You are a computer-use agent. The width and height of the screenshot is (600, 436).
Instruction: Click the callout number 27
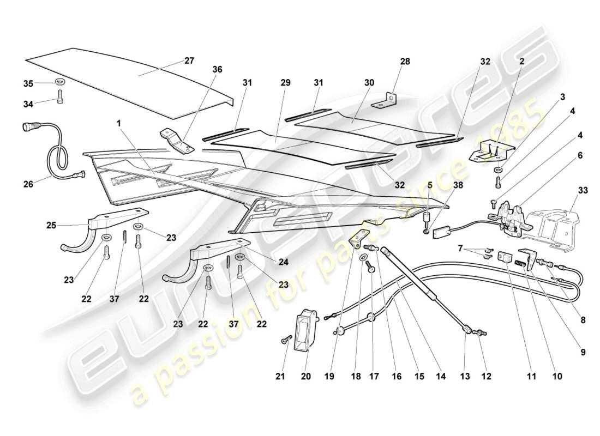point(189,60)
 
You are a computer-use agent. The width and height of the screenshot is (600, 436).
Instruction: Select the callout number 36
point(218,70)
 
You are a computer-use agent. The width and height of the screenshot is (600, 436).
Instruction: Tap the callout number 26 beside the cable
point(28,184)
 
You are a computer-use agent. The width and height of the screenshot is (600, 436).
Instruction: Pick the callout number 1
point(118,124)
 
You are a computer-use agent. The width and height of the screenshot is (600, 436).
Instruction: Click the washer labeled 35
point(59,83)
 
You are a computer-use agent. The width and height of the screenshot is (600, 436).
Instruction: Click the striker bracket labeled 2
point(492,148)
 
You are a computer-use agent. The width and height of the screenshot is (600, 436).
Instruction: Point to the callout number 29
point(285,83)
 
